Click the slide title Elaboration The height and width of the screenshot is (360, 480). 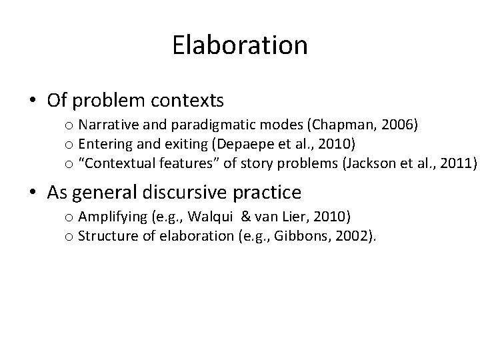pos(240,45)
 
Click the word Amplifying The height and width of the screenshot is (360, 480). pos(107,218)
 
